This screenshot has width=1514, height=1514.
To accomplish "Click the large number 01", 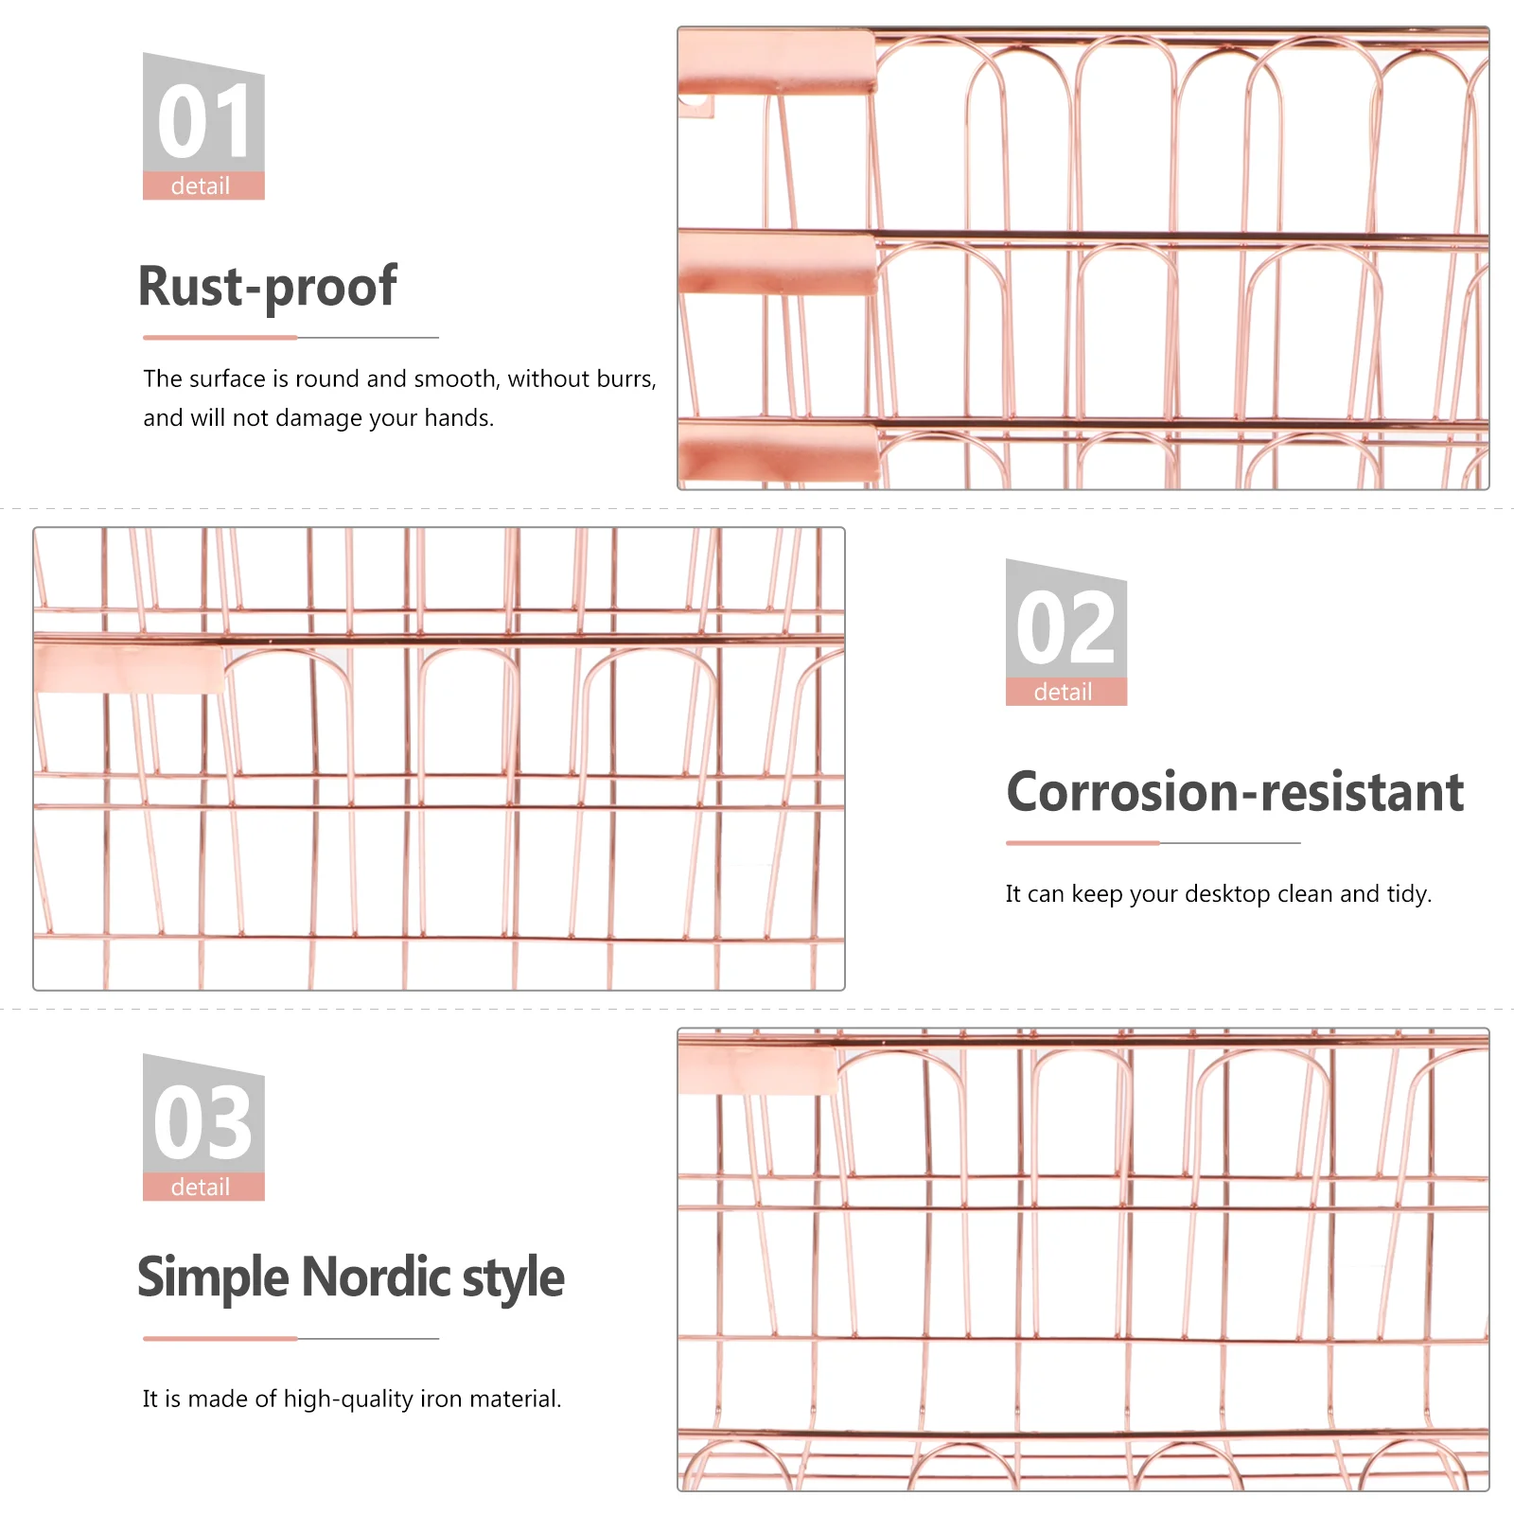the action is pos(203,122).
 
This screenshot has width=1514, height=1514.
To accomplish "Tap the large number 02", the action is pos(1066,628).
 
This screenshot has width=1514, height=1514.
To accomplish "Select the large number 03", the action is pos(203,1123).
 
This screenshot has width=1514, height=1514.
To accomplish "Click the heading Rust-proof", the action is pos(268,287).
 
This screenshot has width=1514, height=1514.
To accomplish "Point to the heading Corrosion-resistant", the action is pos(1235,792).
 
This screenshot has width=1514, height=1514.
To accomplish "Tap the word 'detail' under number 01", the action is pos(201,186).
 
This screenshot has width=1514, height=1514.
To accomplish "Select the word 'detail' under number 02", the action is pos(1064,693).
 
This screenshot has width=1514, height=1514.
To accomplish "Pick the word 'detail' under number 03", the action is pos(201,1188).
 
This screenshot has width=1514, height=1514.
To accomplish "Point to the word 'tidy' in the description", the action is pos(1409,894).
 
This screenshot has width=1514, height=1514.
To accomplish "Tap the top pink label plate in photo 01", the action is pos(776,62).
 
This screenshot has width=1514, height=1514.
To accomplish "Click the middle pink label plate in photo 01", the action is pos(776,262).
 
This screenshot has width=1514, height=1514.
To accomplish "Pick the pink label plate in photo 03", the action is pos(757,1070).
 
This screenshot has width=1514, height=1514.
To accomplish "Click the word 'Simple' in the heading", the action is pos(213,1277).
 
